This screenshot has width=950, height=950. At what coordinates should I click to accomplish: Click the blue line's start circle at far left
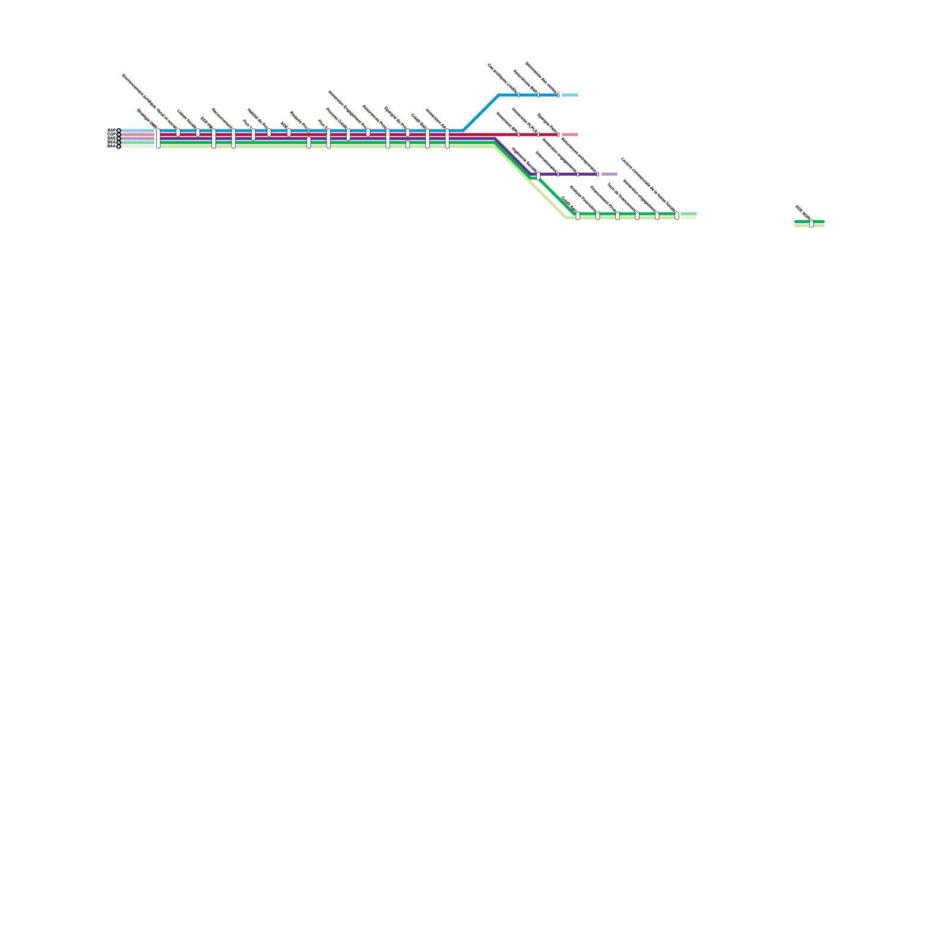pyautogui.click(x=119, y=131)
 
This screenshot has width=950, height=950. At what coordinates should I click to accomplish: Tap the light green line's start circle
pyautogui.click(x=119, y=147)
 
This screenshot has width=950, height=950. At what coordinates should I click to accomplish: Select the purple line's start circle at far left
pyautogui.click(x=119, y=138)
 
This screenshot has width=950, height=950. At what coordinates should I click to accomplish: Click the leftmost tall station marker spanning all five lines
pyautogui.click(x=158, y=138)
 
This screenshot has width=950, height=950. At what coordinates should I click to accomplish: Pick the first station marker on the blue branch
pyautogui.click(x=518, y=95)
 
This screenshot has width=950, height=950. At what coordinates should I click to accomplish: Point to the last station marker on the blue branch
pyautogui.click(x=558, y=95)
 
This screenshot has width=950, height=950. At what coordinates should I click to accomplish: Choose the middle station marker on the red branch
pyautogui.click(x=539, y=135)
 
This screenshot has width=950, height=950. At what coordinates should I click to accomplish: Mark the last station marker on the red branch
pyautogui.click(x=558, y=135)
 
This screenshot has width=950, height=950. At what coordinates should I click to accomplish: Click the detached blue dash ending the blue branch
pyautogui.click(x=569, y=95)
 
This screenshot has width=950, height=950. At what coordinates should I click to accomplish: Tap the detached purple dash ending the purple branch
pyautogui.click(x=609, y=174)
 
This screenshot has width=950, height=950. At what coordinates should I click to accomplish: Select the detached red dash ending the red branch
pyautogui.click(x=569, y=135)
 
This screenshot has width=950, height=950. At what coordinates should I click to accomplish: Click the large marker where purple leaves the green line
pyautogui.click(x=538, y=176)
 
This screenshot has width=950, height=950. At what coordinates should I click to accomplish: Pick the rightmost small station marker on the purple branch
pyautogui.click(x=598, y=174)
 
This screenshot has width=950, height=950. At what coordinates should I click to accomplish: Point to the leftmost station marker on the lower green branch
pyautogui.click(x=578, y=216)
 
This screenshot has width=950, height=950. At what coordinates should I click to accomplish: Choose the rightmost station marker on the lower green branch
pyautogui.click(x=677, y=216)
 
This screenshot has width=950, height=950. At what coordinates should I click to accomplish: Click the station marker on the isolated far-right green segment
pyautogui.click(x=812, y=224)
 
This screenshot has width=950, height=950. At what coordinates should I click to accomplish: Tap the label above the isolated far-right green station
pyautogui.click(x=803, y=213)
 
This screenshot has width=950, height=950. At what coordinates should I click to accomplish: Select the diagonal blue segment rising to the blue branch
pyautogui.click(x=481, y=113)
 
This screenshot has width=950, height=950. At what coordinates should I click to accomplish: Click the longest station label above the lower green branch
pyautogui.click(x=648, y=183)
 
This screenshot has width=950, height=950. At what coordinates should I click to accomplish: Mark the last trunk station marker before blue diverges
pyautogui.click(x=447, y=138)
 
